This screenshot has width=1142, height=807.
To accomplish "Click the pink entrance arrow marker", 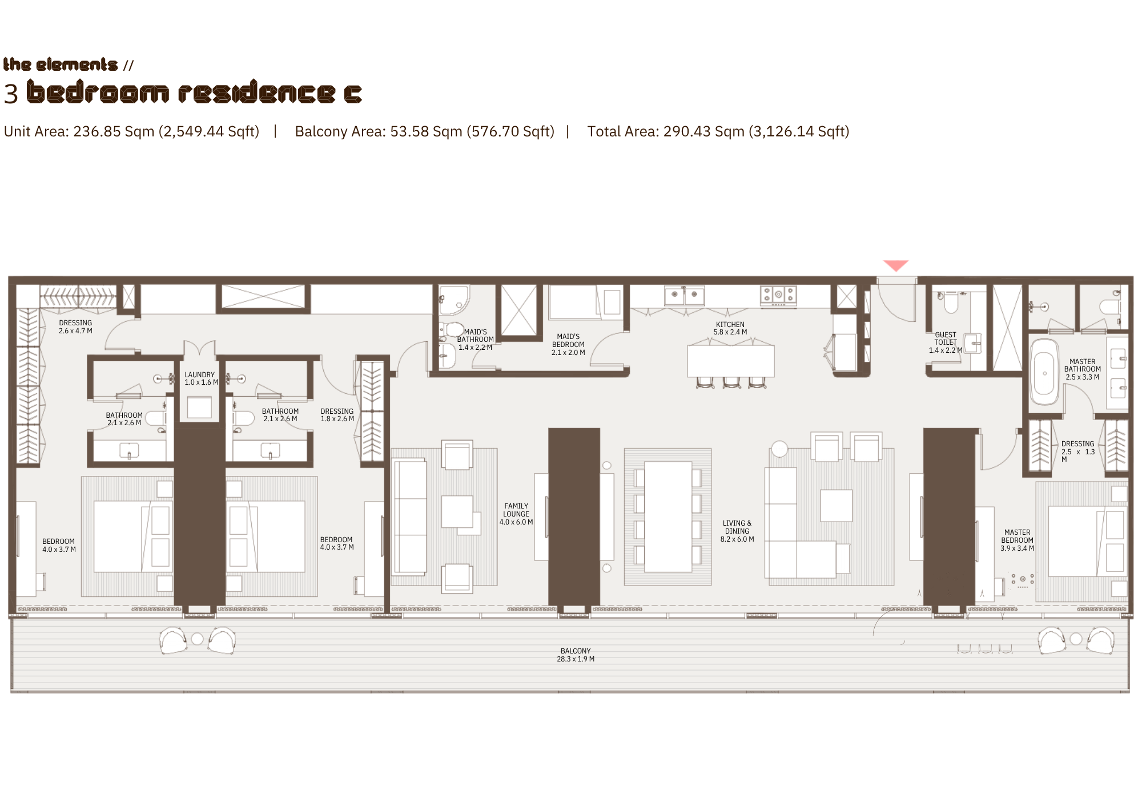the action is click(x=896, y=265).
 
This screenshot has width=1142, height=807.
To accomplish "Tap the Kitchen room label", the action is click(x=730, y=328).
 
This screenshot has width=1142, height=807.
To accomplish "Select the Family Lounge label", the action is click(x=516, y=514).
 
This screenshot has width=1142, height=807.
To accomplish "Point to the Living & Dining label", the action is click(x=737, y=531).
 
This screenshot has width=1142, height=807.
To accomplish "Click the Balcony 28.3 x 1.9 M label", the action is click(x=576, y=655).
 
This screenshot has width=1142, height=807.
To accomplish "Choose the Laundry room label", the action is click(x=200, y=378).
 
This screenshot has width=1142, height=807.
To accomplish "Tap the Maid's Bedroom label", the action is click(x=568, y=344).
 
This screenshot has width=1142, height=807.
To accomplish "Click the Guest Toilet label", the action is click(x=946, y=342).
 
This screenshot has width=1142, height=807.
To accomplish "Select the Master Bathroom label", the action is click(x=1083, y=369).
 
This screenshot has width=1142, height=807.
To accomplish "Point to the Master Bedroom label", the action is click(x=1017, y=540).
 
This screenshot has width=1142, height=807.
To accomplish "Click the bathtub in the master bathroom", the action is click(x=1044, y=373).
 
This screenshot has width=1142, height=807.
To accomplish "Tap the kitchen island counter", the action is click(x=731, y=361).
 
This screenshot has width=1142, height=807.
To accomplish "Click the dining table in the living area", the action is click(x=668, y=517).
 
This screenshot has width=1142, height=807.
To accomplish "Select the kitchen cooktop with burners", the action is click(x=778, y=295).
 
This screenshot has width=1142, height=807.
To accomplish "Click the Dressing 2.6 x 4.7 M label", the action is click(x=75, y=326).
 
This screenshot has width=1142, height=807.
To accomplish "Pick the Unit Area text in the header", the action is click(x=131, y=132).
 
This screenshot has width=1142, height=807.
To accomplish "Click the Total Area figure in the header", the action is click(x=718, y=132).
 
